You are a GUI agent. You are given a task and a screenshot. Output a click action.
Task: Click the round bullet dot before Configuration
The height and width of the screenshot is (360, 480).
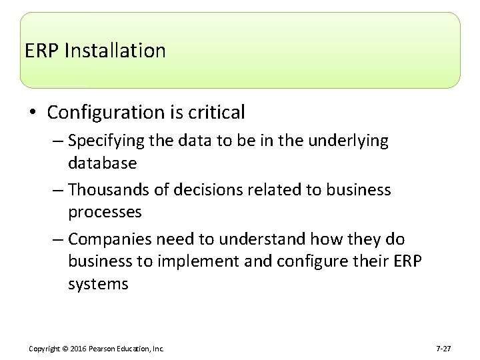pyautogui.click(x=31, y=113)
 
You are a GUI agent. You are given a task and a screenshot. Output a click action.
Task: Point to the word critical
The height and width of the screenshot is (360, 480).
pyautogui.click(x=218, y=113)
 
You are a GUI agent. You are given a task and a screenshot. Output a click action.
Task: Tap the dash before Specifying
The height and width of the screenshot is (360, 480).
pyautogui.click(x=58, y=141)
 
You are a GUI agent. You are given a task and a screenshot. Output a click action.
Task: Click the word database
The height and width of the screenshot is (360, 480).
pyautogui.click(x=102, y=163)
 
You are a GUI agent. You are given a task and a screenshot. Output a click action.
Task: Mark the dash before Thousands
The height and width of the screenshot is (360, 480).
pyautogui.click(x=58, y=190)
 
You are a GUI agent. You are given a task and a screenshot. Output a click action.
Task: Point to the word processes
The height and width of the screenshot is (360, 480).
pyautogui.click(x=105, y=212)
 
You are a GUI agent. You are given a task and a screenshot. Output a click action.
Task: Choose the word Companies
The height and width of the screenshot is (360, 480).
pyautogui.click(x=108, y=239)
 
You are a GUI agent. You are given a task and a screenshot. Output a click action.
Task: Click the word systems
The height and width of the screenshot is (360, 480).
pyautogui.click(x=98, y=283)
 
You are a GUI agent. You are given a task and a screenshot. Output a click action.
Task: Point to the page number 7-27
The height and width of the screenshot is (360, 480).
pyautogui.click(x=443, y=349)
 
